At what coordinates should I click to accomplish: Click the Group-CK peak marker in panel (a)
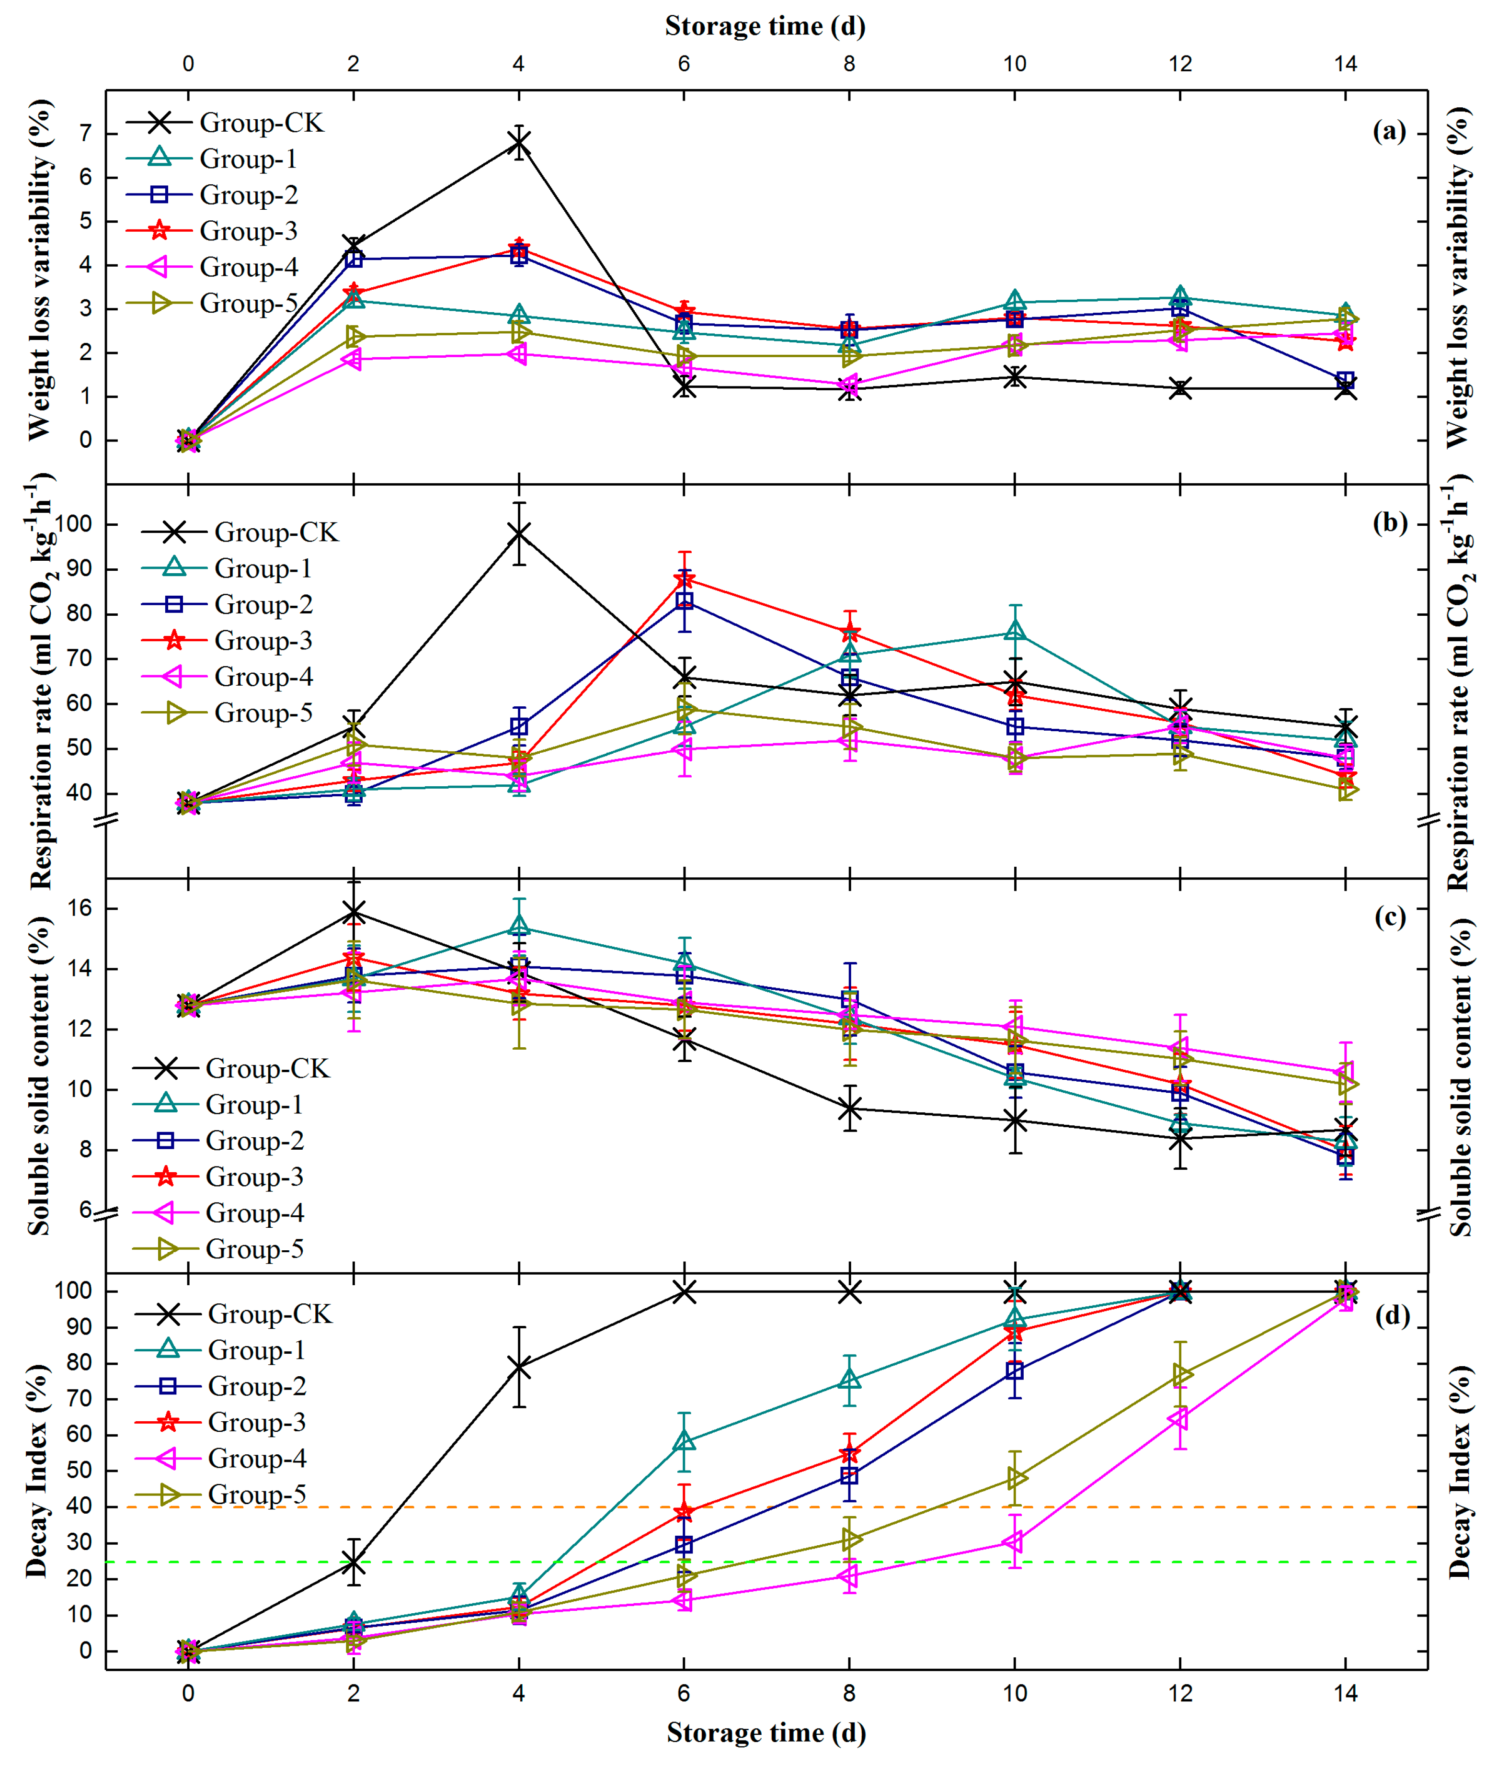point(518,143)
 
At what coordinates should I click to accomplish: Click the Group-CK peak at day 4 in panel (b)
point(518,532)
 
